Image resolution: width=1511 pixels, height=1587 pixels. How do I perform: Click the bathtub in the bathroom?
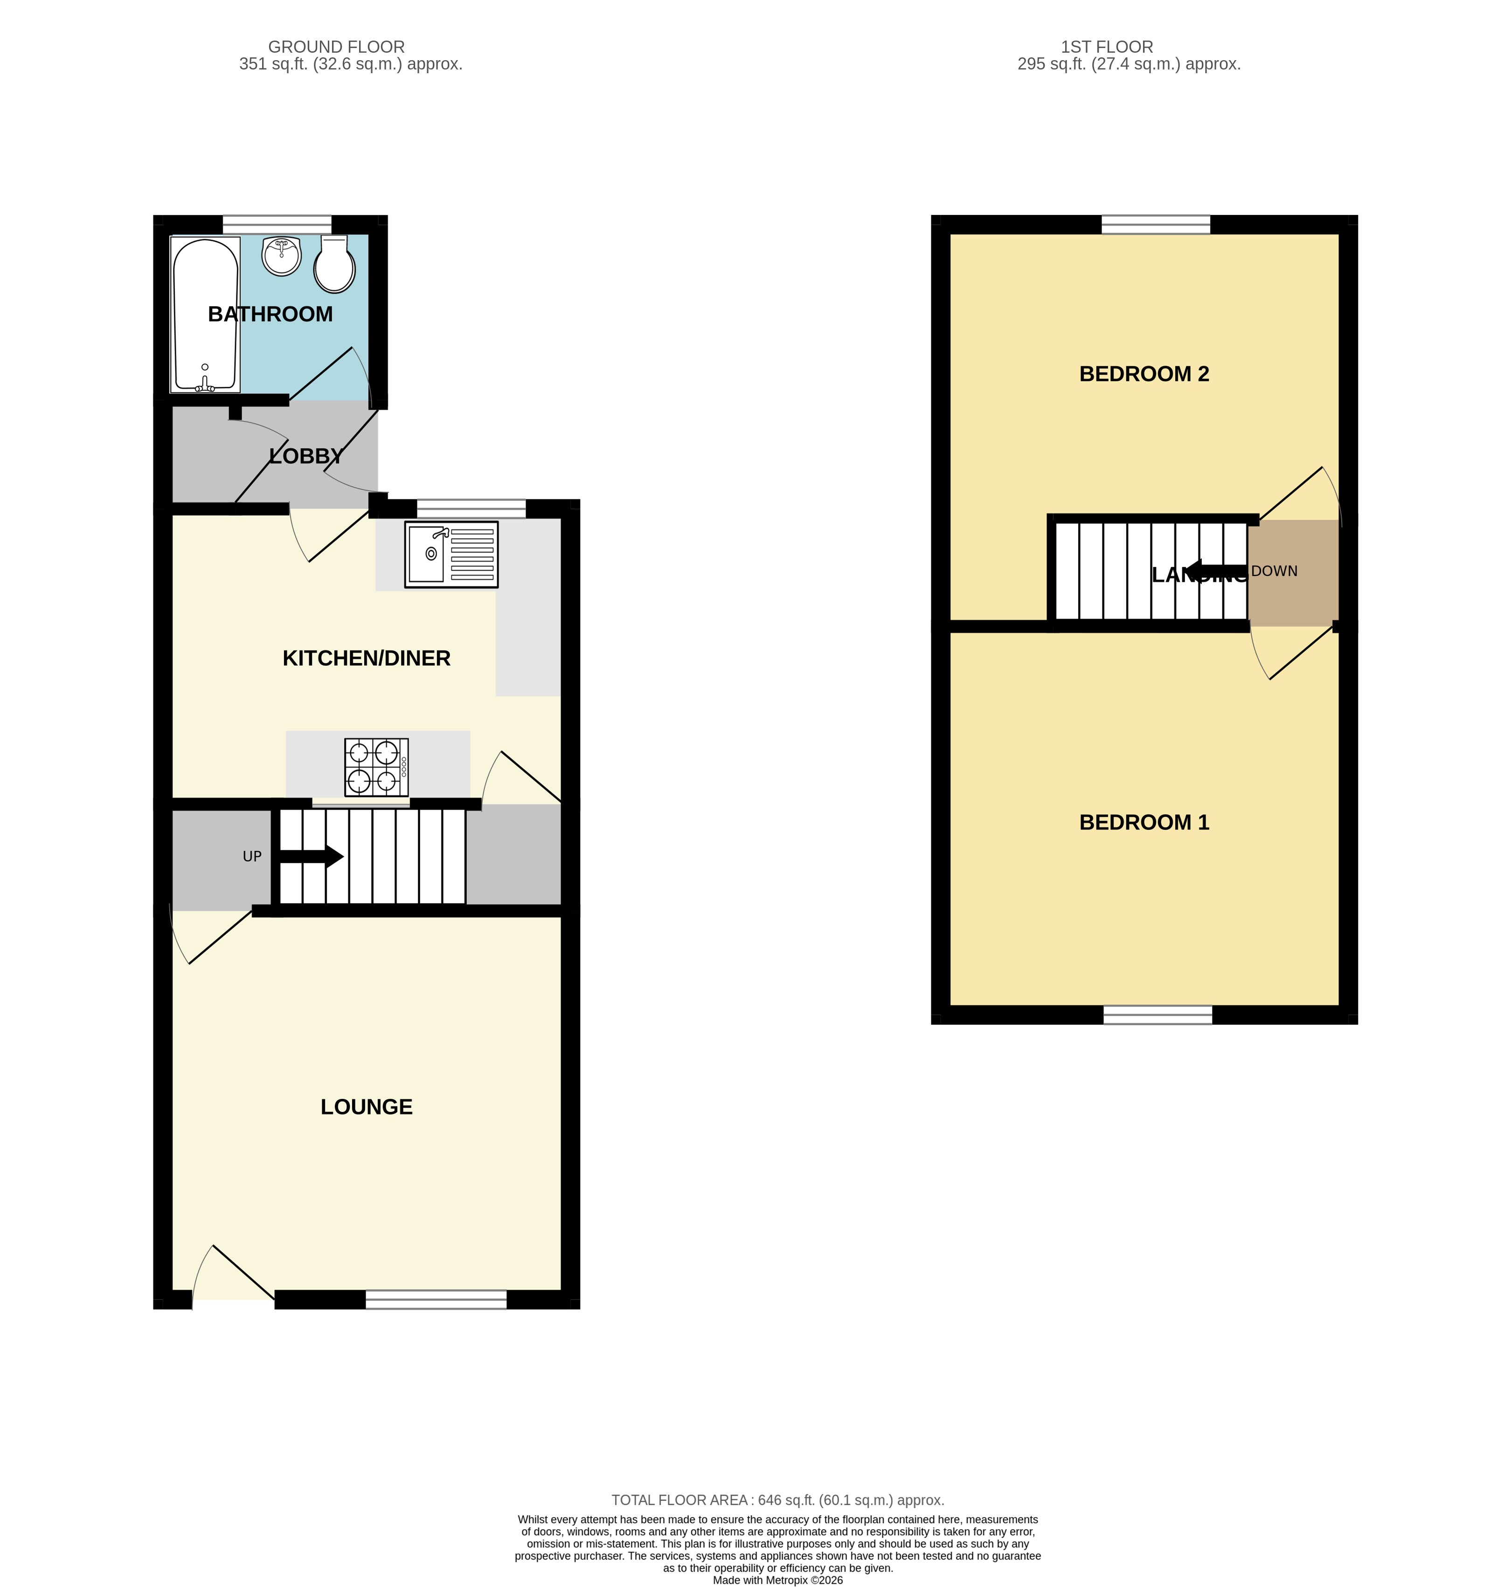[205, 315]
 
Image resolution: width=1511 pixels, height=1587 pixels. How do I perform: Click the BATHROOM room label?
[270, 314]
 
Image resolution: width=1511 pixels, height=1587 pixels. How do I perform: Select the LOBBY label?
[306, 456]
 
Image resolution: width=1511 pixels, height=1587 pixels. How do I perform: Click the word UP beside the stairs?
[252, 857]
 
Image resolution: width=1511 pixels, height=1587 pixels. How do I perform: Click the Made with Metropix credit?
[777, 1580]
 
